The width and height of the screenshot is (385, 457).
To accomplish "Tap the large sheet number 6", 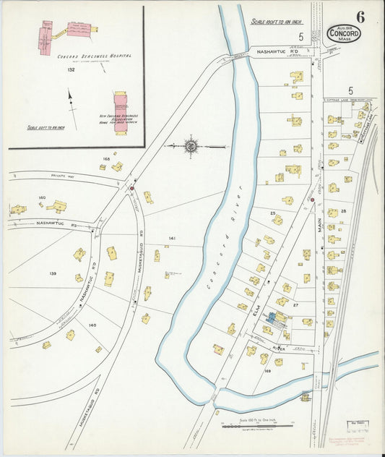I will tap(360, 16).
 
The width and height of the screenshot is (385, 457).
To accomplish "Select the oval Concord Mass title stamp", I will tap(344, 33).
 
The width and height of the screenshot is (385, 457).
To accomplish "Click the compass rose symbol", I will tap(191, 146).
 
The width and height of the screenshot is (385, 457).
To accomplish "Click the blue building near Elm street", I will tap(277, 317).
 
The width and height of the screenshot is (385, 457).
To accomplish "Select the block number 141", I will tap(172, 238).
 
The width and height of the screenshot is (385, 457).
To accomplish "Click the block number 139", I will tap(53, 273).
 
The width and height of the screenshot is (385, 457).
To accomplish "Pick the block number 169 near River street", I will tap(267, 371).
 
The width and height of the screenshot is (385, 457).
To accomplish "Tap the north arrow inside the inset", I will tap(71, 99).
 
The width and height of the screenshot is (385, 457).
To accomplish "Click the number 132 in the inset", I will tap(71, 70).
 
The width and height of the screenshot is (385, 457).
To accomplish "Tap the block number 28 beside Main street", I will tap(344, 210).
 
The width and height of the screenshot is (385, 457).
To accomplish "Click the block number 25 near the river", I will tap(273, 213).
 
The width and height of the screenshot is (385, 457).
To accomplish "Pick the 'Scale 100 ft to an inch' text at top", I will tap(275, 22).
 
